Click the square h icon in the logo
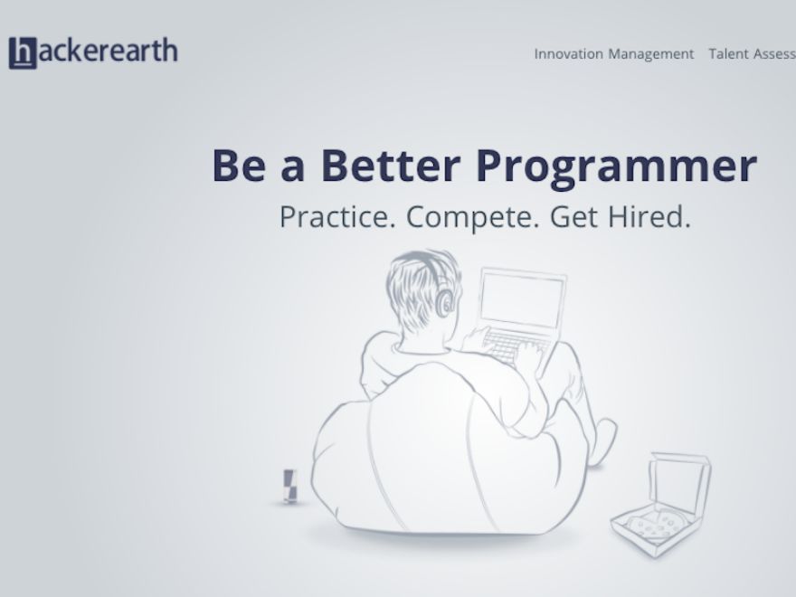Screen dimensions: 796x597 tap(23, 52)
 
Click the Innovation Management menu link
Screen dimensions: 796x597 tap(614, 53)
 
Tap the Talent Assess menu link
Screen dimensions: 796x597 tap(753, 53)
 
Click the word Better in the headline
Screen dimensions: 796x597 tap(391, 165)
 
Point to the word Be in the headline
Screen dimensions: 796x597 tap(239, 165)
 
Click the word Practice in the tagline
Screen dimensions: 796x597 tap(337, 217)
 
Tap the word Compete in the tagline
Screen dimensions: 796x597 tap(472, 218)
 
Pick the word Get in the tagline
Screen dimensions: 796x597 tap(573, 217)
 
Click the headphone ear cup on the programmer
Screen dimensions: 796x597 tap(446, 303)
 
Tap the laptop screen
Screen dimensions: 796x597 tap(522, 299)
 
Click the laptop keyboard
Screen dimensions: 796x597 tap(514, 345)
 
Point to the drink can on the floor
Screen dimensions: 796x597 tap(289, 487)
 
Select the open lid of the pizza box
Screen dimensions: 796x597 tap(680, 482)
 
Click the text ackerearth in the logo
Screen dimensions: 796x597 tap(109, 51)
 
